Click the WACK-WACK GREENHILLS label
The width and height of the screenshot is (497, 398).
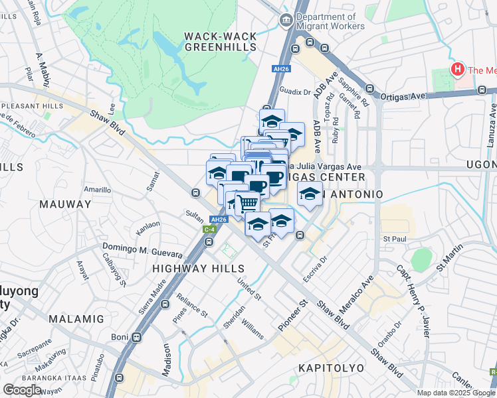[x=220, y=41]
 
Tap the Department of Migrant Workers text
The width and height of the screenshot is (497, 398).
[x=330, y=21]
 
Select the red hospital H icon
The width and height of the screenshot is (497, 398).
[x=457, y=69]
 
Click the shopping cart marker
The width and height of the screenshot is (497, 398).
[x=247, y=202]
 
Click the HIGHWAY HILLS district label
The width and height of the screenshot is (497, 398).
[x=199, y=269]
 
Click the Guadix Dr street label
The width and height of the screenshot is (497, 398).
[x=296, y=92]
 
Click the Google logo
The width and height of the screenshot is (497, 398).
[x=22, y=389]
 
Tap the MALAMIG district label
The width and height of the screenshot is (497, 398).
[x=76, y=319]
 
